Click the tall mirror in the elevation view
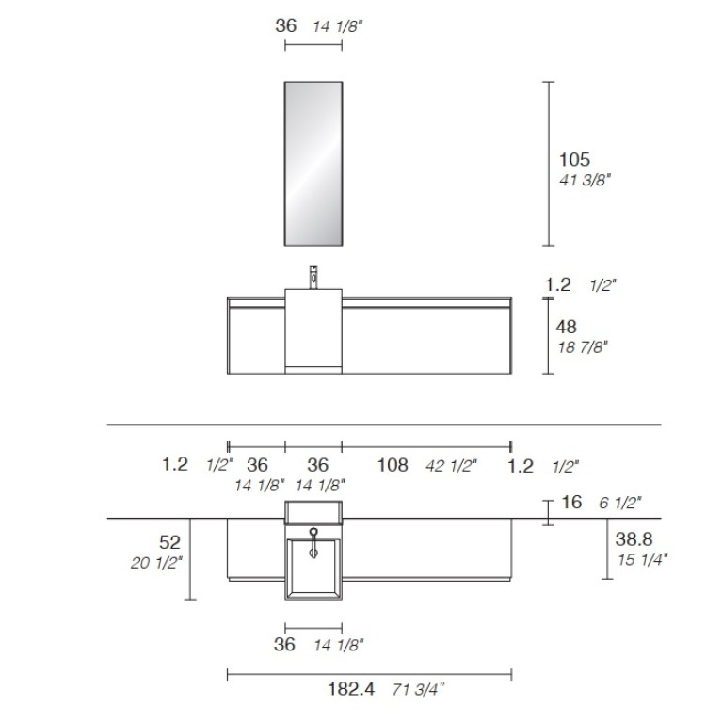(x=313, y=164)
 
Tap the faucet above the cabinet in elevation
(x=313, y=277)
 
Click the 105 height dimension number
(x=574, y=160)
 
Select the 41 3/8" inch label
(x=585, y=180)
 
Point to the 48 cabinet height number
(x=566, y=327)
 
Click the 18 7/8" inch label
(x=583, y=347)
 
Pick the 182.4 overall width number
(x=351, y=689)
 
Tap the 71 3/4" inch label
(x=418, y=690)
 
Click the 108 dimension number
(x=393, y=465)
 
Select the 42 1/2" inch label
(x=451, y=466)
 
